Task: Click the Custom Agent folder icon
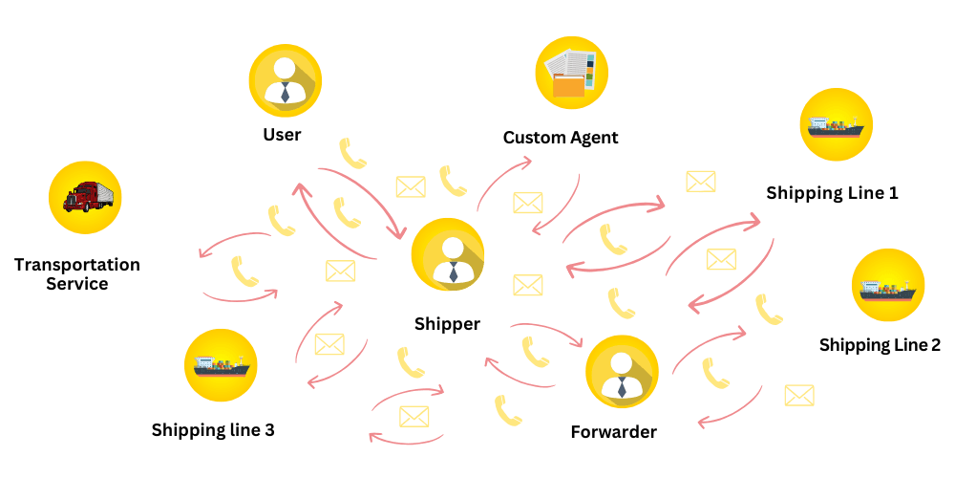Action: click(x=571, y=73)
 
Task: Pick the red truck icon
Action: click(x=86, y=197)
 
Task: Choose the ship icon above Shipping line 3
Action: click(x=221, y=364)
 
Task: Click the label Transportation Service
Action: click(x=77, y=274)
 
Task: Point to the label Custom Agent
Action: click(x=561, y=138)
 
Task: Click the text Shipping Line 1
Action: click(x=832, y=193)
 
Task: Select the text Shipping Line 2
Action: click(x=880, y=345)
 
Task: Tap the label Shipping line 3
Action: click(x=213, y=430)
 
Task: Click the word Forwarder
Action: click(x=613, y=432)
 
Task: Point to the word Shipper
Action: click(x=447, y=324)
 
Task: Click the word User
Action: click(x=282, y=135)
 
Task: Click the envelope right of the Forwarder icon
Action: click(x=798, y=395)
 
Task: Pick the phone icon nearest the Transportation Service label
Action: click(x=245, y=272)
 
